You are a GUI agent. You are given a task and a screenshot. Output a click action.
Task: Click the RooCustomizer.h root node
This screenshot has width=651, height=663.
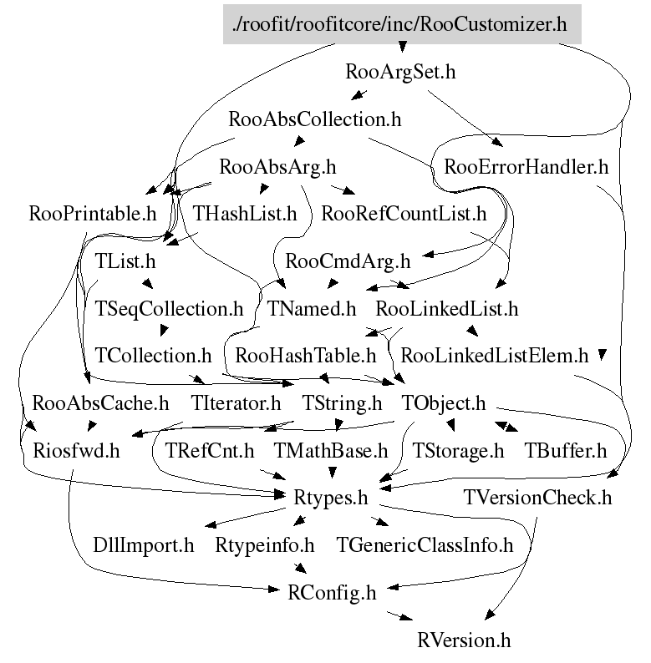[402, 24]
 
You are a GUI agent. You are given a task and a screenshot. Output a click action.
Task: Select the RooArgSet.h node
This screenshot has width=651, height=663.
[400, 72]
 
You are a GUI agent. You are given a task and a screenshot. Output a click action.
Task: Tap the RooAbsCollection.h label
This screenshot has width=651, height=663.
[315, 119]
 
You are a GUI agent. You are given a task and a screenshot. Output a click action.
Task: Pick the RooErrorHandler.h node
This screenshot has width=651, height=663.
[526, 167]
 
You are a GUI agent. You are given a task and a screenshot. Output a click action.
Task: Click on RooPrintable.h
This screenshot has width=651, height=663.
[92, 214]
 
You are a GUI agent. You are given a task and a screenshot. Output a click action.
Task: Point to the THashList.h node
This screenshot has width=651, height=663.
[245, 214]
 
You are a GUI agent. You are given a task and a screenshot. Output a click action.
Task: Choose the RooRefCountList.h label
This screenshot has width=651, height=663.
[404, 214]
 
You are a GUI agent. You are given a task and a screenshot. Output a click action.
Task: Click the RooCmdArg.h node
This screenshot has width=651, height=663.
[348, 261]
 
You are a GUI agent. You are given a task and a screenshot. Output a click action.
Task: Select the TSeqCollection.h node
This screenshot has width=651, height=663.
[170, 309]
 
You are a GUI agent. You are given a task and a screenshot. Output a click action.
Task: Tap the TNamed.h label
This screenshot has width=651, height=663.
[312, 309]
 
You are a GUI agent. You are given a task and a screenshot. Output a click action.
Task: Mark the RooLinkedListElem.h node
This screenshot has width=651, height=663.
[495, 357]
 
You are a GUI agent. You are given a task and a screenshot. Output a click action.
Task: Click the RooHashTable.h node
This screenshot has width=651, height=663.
[307, 357]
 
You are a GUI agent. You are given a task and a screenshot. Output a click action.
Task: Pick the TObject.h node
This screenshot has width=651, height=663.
[444, 404]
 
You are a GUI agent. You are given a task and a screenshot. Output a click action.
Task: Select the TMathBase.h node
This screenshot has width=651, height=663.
[332, 452]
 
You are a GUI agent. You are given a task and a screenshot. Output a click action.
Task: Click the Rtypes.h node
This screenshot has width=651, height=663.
[331, 499]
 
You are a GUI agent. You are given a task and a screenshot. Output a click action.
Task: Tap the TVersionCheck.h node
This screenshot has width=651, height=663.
[538, 499]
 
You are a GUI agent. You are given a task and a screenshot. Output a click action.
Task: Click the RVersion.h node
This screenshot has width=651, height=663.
[464, 641]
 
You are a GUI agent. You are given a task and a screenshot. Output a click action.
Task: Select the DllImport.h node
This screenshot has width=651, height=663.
[144, 547]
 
